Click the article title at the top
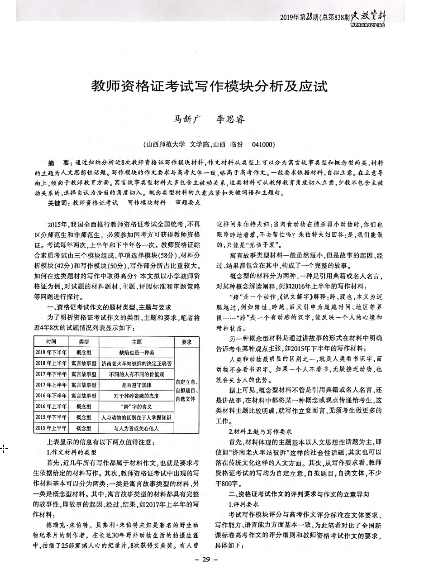(x=209, y=86)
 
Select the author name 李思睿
(x=230, y=120)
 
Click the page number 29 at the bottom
(x=206, y=560)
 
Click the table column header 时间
(x=51, y=342)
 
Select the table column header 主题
(x=136, y=342)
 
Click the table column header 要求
(x=186, y=342)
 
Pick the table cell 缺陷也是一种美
(x=136, y=353)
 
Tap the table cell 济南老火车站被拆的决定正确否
(x=136, y=364)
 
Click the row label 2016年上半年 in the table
(x=51, y=407)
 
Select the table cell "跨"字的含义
(x=136, y=407)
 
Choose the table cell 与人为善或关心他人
(x=136, y=428)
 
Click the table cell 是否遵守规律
(x=136, y=385)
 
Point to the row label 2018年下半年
(x=51, y=353)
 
